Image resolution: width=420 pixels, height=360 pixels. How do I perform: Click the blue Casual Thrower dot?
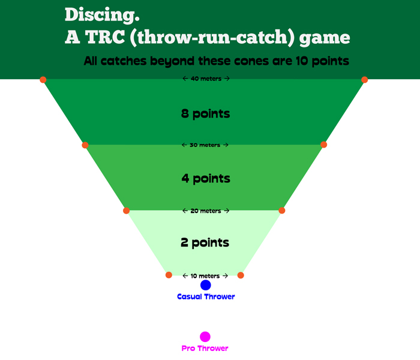click(206, 285)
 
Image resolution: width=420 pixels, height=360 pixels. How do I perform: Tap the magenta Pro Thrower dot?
click(205, 337)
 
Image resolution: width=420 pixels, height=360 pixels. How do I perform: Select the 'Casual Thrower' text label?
click(206, 296)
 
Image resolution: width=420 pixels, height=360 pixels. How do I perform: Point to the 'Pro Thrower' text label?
click(205, 348)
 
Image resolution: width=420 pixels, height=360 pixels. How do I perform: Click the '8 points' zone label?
click(206, 113)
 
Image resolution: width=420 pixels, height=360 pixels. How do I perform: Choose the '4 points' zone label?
click(206, 178)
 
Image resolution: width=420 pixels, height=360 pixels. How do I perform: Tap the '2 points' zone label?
click(205, 243)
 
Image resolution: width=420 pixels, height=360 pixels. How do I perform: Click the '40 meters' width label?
click(206, 79)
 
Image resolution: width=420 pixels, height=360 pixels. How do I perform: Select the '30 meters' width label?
click(205, 145)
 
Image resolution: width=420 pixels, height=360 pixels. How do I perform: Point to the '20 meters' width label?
click(206, 211)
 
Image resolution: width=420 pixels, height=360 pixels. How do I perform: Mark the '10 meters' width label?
click(205, 276)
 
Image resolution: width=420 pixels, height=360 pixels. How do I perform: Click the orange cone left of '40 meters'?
click(43, 80)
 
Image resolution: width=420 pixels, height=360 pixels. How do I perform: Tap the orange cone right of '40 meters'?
click(364, 80)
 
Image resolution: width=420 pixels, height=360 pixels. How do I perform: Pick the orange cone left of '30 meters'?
click(85, 145)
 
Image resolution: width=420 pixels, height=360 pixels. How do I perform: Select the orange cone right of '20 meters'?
click(282, 211)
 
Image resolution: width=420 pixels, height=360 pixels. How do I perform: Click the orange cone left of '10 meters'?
click(169, 275)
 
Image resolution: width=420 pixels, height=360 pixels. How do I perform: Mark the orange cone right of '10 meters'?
click(241, 275)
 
